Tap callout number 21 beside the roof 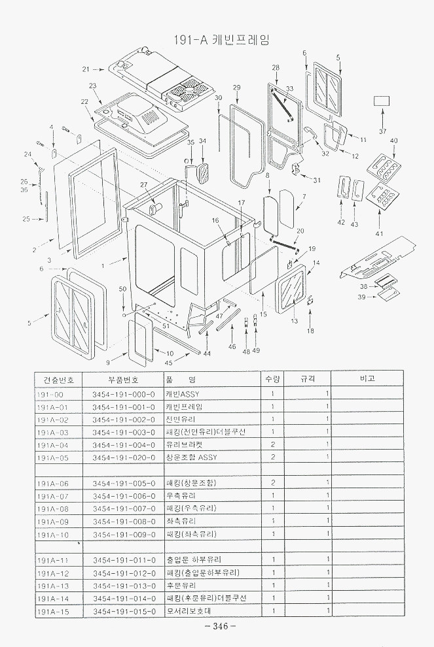point(86,69)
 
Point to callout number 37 point(383,131)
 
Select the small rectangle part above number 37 point(382,101)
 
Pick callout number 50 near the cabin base point(122,289)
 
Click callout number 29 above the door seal point(236,88)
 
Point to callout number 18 point(310,331)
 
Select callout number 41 point(379,233)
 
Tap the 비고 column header point(367,379)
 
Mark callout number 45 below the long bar point(168,363)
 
